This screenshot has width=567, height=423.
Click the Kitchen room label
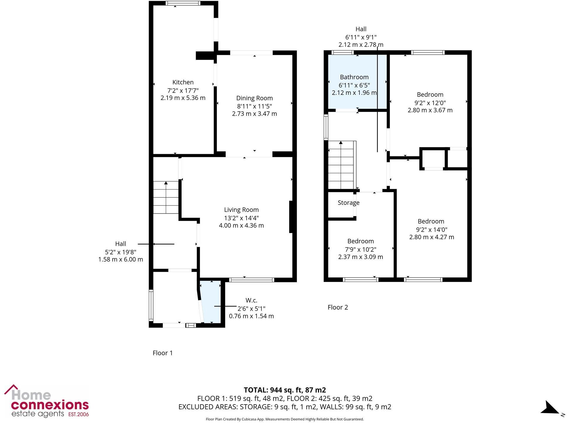[x=183, y=82]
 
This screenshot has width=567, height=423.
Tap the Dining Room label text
[x=254, y=98]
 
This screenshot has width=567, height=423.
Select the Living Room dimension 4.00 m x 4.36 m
[x=241, y=226]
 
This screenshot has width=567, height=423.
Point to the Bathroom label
[x=354, y=77]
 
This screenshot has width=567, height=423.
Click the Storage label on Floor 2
[x=348, y=203]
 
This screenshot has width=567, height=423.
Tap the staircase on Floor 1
[x=166, y=197]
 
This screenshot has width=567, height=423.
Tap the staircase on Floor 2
[x=341, y=165]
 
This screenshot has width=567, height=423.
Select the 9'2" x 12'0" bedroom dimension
[x=430, y=103]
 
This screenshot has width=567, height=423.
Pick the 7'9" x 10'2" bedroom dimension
[x=360, y=249]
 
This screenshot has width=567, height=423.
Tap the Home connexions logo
[x=47, y=402]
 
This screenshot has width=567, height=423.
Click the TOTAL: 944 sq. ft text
[x=285, y=390]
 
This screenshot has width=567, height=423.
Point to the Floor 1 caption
[x=163, y=353]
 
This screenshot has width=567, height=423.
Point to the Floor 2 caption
[x=338, y=307]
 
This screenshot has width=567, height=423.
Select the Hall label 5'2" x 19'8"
[x=121, y=252]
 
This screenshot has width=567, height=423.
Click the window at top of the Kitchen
[x=183, y=4]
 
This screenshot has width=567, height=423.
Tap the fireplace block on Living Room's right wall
[x=291, y=217]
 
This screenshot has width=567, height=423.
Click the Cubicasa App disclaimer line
[x=285, y=419]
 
